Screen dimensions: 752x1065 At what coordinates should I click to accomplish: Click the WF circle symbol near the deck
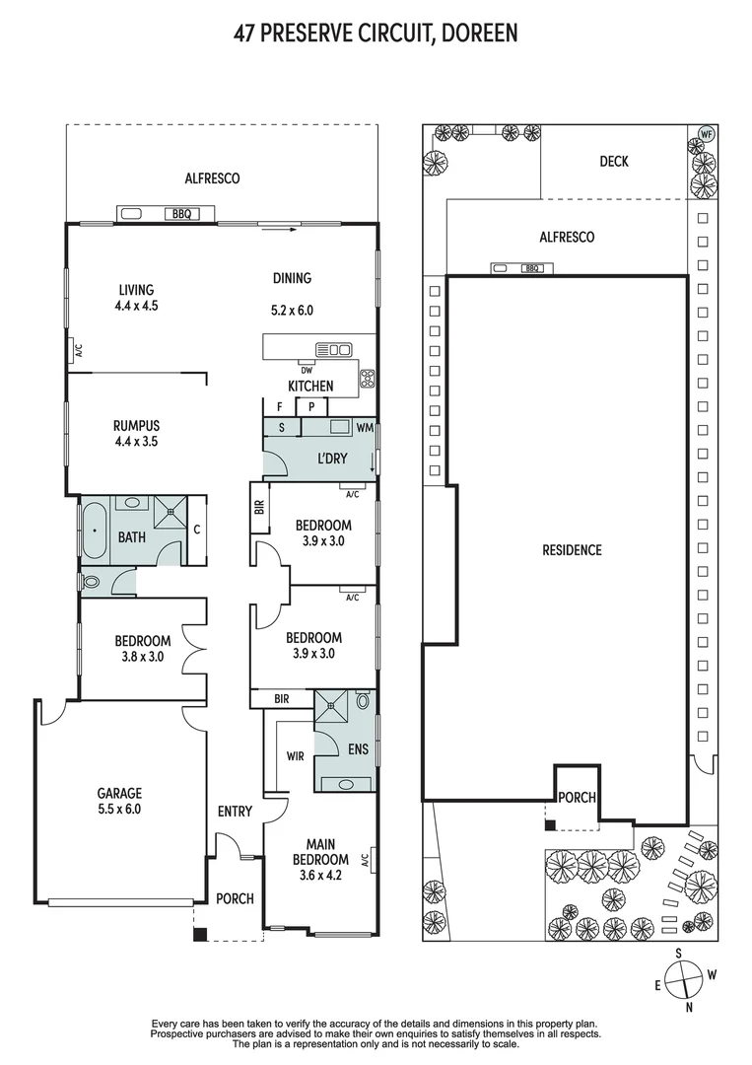click(x=707, y=134)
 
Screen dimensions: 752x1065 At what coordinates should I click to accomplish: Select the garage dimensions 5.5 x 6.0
click(x=119, y=809)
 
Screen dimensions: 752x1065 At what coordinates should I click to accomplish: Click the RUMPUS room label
click(x=136, y=426)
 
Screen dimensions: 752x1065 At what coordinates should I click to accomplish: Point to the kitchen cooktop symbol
click(x=368, y=379)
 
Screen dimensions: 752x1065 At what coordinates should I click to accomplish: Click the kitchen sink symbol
click(x=334, y=350)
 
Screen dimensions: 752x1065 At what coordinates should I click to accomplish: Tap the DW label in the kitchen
click(x=307, y=371)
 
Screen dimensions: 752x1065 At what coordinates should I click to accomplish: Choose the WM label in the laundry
click(x=365, y=428)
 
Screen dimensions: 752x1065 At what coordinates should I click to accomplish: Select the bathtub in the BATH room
click(x=94, y=530)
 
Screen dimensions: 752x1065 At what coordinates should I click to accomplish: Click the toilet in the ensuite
click(x=363, y=700)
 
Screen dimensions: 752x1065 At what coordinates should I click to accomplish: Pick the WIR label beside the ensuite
click(x=296, y=756)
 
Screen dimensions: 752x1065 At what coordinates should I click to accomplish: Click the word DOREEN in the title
click(x=480, y=34)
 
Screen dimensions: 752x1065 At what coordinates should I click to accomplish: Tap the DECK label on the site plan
click(x=614, y=162)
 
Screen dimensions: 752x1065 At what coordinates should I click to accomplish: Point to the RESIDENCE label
click(x=573, y=550)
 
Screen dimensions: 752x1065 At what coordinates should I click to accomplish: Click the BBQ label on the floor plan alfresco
click(x=181, y=214)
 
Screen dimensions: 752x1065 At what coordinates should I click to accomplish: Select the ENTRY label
click(x=235, y=811)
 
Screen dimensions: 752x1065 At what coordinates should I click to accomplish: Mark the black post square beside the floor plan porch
click(x=199, y=934)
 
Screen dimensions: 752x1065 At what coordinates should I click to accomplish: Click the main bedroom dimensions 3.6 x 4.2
click(x=320, y=876)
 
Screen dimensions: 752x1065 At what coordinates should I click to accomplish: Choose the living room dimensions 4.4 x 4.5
click(x=136, y=306)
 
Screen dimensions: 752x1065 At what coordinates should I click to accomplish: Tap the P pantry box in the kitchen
click(x=311, y=407)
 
